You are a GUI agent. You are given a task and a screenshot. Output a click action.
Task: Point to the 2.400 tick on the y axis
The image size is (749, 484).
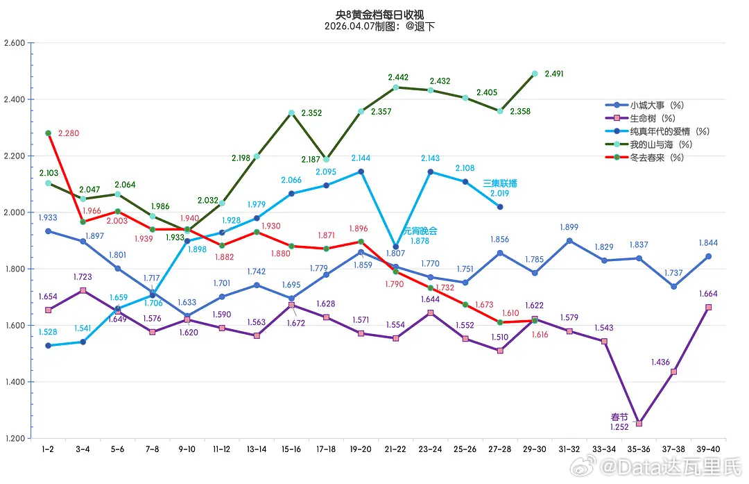(15, 99)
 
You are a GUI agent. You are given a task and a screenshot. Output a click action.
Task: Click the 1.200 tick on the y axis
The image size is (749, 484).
(15, 439)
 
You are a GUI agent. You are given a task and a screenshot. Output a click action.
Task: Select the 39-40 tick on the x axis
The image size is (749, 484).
(708, 450)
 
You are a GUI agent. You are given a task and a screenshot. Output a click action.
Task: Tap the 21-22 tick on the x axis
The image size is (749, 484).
(395, 450)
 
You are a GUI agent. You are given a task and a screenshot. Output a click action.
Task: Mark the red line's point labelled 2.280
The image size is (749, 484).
(48, 133)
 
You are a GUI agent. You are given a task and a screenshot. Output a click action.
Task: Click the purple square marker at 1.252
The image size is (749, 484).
(639, 423)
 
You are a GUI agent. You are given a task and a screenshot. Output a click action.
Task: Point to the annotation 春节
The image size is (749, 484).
(619, 417)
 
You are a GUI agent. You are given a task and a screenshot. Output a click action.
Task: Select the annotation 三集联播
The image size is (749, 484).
(499, 184)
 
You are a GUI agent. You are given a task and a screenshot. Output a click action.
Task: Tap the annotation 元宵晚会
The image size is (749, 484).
(420, 231)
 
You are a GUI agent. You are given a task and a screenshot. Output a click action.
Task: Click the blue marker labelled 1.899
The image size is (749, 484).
(569, 241)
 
